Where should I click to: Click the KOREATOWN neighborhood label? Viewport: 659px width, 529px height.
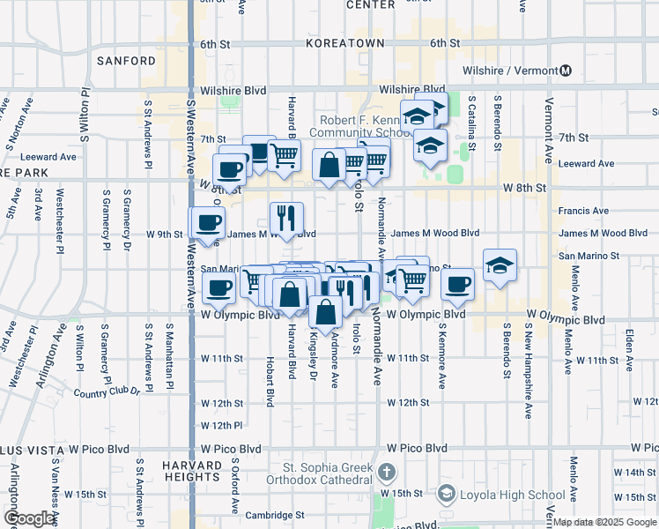click(345, 42)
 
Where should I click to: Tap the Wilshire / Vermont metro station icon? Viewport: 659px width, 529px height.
click(566, 71)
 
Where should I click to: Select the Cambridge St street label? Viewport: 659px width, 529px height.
click(276, 514)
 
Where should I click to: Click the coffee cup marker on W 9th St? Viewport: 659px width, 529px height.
click(208, 223)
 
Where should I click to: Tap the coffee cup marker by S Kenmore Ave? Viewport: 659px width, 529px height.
click(457, 285)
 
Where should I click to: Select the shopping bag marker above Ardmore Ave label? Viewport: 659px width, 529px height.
click(325, 312)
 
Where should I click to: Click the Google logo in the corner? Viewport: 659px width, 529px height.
click(30, 518)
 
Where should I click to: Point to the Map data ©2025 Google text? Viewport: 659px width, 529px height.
click(605, 522)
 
